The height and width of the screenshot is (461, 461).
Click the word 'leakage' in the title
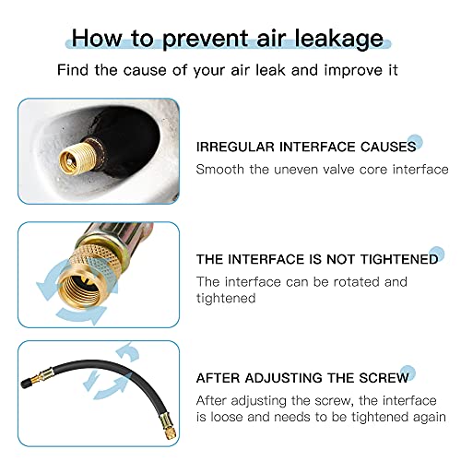coord(339,40)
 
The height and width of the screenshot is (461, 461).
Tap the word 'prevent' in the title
coord(205,40)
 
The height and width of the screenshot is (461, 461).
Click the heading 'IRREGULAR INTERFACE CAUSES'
coord(306,147)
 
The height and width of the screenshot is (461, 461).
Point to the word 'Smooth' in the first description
coord(220,170)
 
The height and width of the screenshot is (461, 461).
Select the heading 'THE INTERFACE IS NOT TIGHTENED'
coord(317,259)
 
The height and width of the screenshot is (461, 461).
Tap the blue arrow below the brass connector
coord(81,314)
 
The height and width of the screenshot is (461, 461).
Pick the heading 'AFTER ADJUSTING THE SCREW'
coord(302,378)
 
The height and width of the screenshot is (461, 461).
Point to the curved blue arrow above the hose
coord(129,352)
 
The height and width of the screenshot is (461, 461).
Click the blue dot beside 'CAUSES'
coord(415,142)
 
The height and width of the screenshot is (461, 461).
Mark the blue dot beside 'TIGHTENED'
coord(436,254)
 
